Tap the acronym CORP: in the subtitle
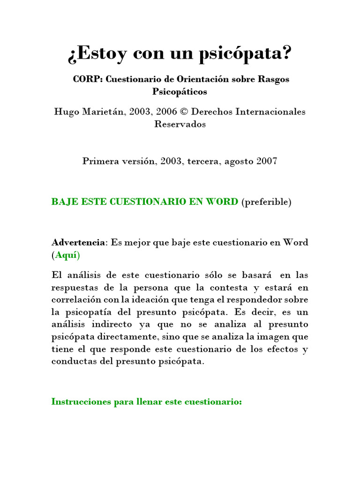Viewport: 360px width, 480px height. [88, 79]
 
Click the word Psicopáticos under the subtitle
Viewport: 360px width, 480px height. [180, 91]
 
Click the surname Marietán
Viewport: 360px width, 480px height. [99, 112]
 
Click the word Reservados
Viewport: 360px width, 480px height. [180, 124]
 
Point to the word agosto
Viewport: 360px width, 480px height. [239, 161]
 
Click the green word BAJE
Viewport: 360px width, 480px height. [64, 202]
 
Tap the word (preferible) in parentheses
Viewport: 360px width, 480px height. [266, 202]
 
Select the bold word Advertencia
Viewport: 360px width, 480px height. [78, 243]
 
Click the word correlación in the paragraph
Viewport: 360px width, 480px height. [77, 300]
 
